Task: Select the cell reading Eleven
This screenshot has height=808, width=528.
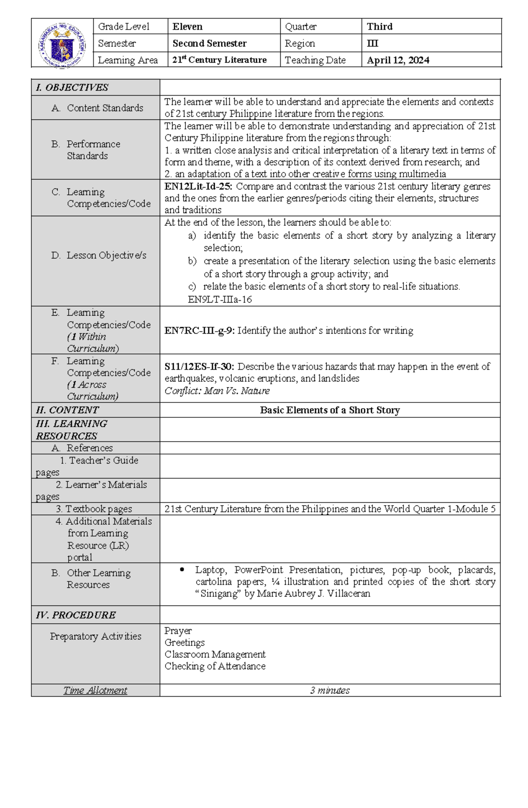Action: pos(187,27)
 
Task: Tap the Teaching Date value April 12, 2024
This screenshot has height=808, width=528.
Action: pos(398,60)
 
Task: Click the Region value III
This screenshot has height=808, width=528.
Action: pos(372,44)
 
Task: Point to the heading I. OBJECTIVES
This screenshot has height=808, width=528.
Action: pos(72,88)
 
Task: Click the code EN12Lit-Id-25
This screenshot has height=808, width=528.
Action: pos(198,186)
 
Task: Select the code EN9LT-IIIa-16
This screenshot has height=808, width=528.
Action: pos(220,299)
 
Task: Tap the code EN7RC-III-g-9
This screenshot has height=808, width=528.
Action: pos(199,331)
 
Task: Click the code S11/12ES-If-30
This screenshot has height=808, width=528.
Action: pos(199,367)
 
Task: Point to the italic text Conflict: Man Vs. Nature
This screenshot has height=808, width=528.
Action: pos(217,391)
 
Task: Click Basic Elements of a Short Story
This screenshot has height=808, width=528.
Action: pos(330,410)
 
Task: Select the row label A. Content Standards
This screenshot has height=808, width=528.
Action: pos(98,108)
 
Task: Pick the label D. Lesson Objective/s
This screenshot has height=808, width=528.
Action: pos(99,255)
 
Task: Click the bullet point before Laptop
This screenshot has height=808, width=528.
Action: pos(182,570)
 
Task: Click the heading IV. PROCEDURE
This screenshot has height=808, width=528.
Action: pos(76,615)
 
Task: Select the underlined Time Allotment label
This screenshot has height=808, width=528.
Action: pos(95,690)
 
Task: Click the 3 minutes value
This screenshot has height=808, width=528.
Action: pos(330,690)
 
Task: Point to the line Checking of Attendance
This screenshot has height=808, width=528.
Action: pos(215,666)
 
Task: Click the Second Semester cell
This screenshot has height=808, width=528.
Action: pos(209,44)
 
